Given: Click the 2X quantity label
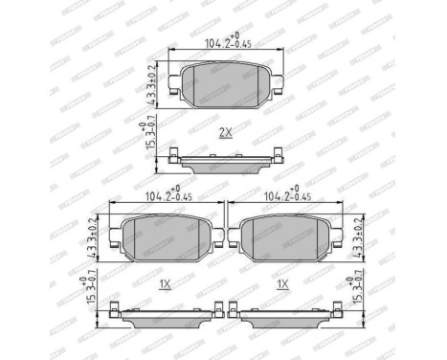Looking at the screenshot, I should (225, 132).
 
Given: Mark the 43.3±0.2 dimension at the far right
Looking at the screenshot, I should (360, 233).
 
